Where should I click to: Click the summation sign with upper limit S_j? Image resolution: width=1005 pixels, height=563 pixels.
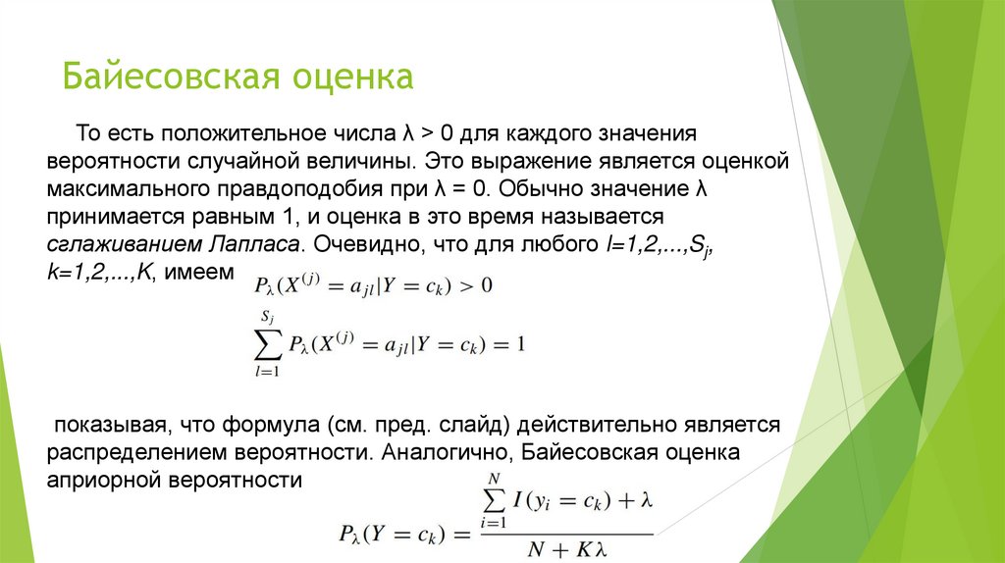click(x=267, y=344)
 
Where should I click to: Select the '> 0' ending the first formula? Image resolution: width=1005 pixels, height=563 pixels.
click(x=474, y=286)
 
